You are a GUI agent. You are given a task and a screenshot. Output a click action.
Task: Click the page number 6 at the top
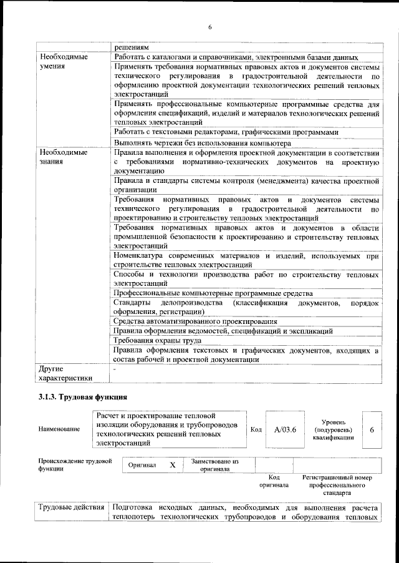click(x=210, y=26)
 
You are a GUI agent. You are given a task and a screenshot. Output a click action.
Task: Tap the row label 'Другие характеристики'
click(x=65, y=373)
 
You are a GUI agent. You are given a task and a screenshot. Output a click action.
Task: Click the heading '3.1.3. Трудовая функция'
click(x=84, y=397)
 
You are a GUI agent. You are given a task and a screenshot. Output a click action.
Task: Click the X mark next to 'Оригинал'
click(x=173, y=465)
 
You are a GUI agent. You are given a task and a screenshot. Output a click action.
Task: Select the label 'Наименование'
click(x=59, y=429)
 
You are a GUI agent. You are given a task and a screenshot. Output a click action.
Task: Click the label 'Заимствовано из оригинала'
click(x=214, y=465)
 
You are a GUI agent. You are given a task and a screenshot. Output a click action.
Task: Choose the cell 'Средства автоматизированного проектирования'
click(x=186, y=321)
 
